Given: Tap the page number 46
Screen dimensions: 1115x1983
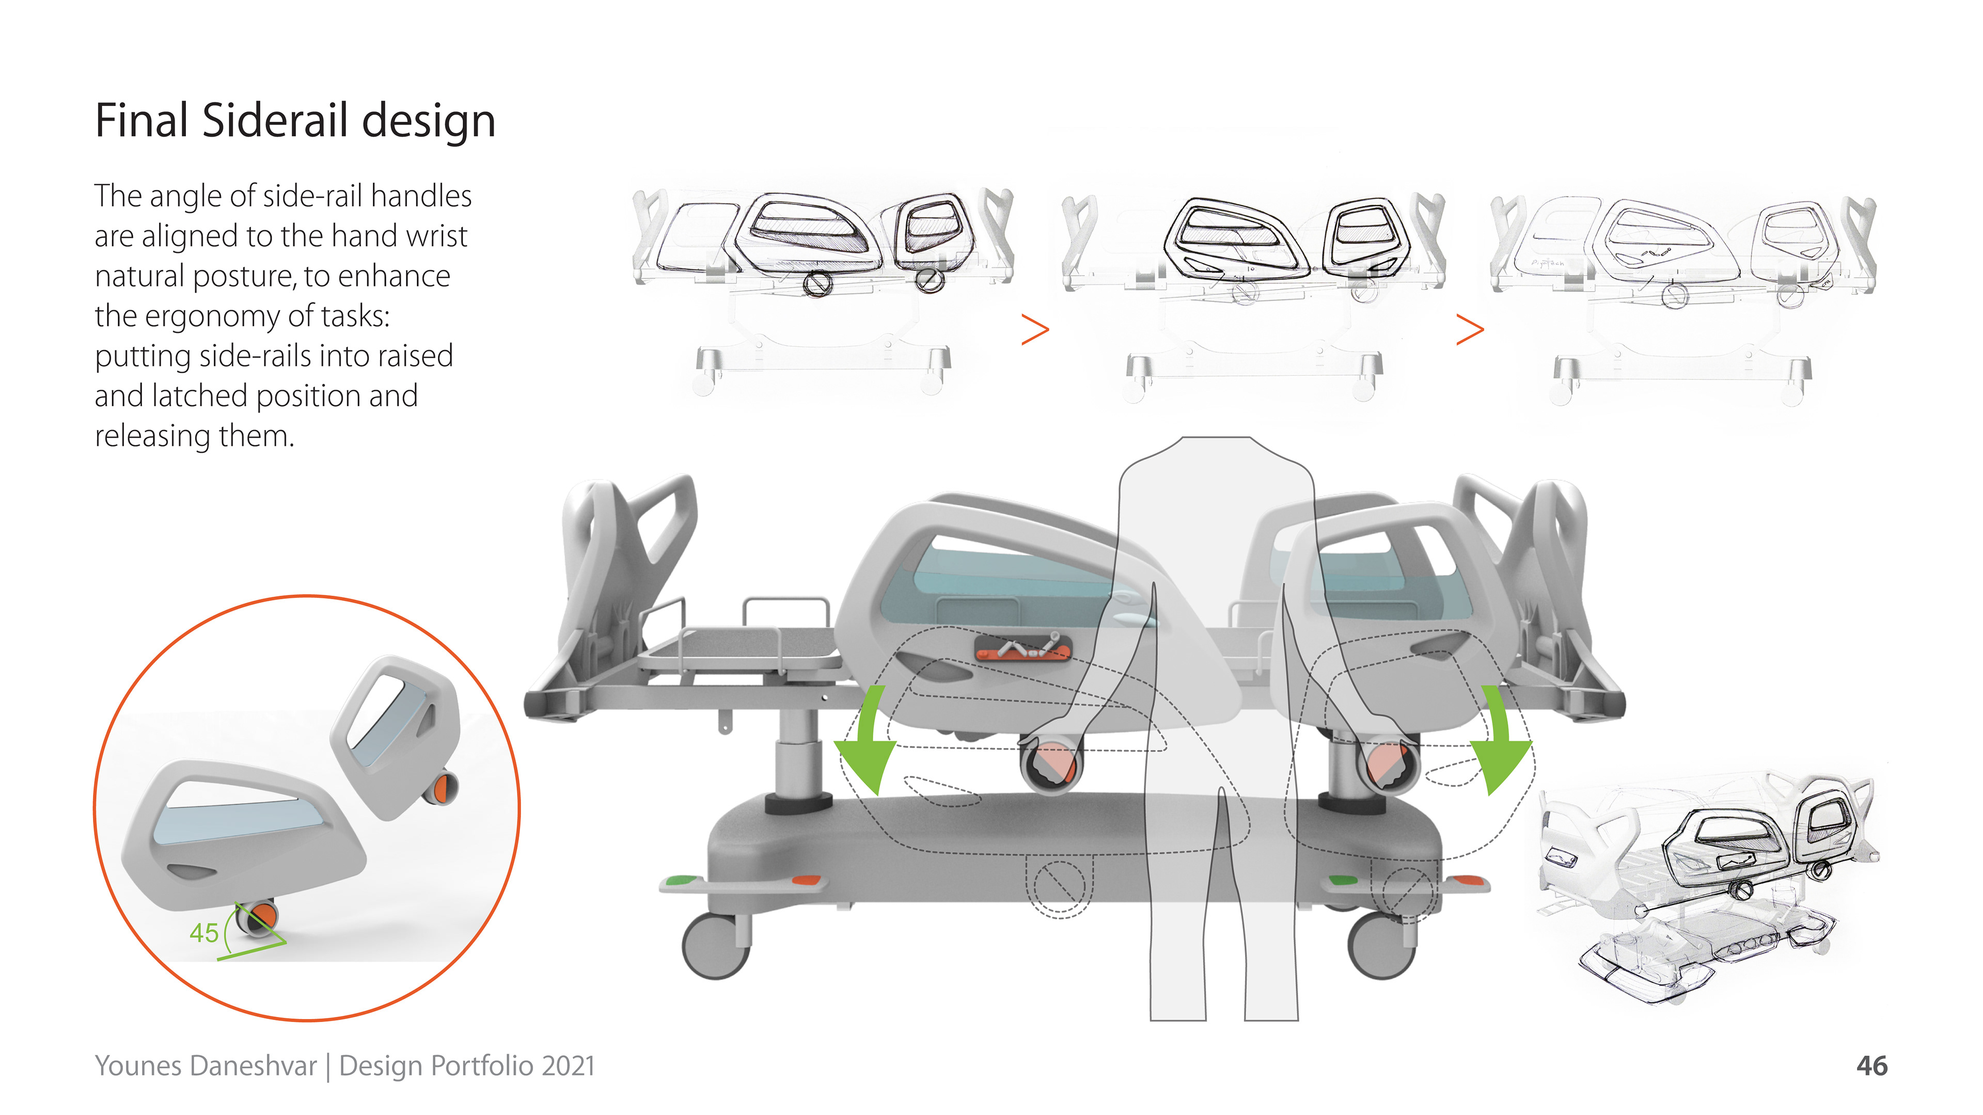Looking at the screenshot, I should pyautogui.click(x=1871, y=1066).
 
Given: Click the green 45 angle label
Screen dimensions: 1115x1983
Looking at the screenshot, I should pyautogui.click(x=204, y=933).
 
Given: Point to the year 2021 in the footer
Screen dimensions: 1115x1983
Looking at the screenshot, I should pyautogui.click(x=568, y=1066).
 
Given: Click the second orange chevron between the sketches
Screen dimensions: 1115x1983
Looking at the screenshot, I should pyautogui.click(x=1470, y=329).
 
